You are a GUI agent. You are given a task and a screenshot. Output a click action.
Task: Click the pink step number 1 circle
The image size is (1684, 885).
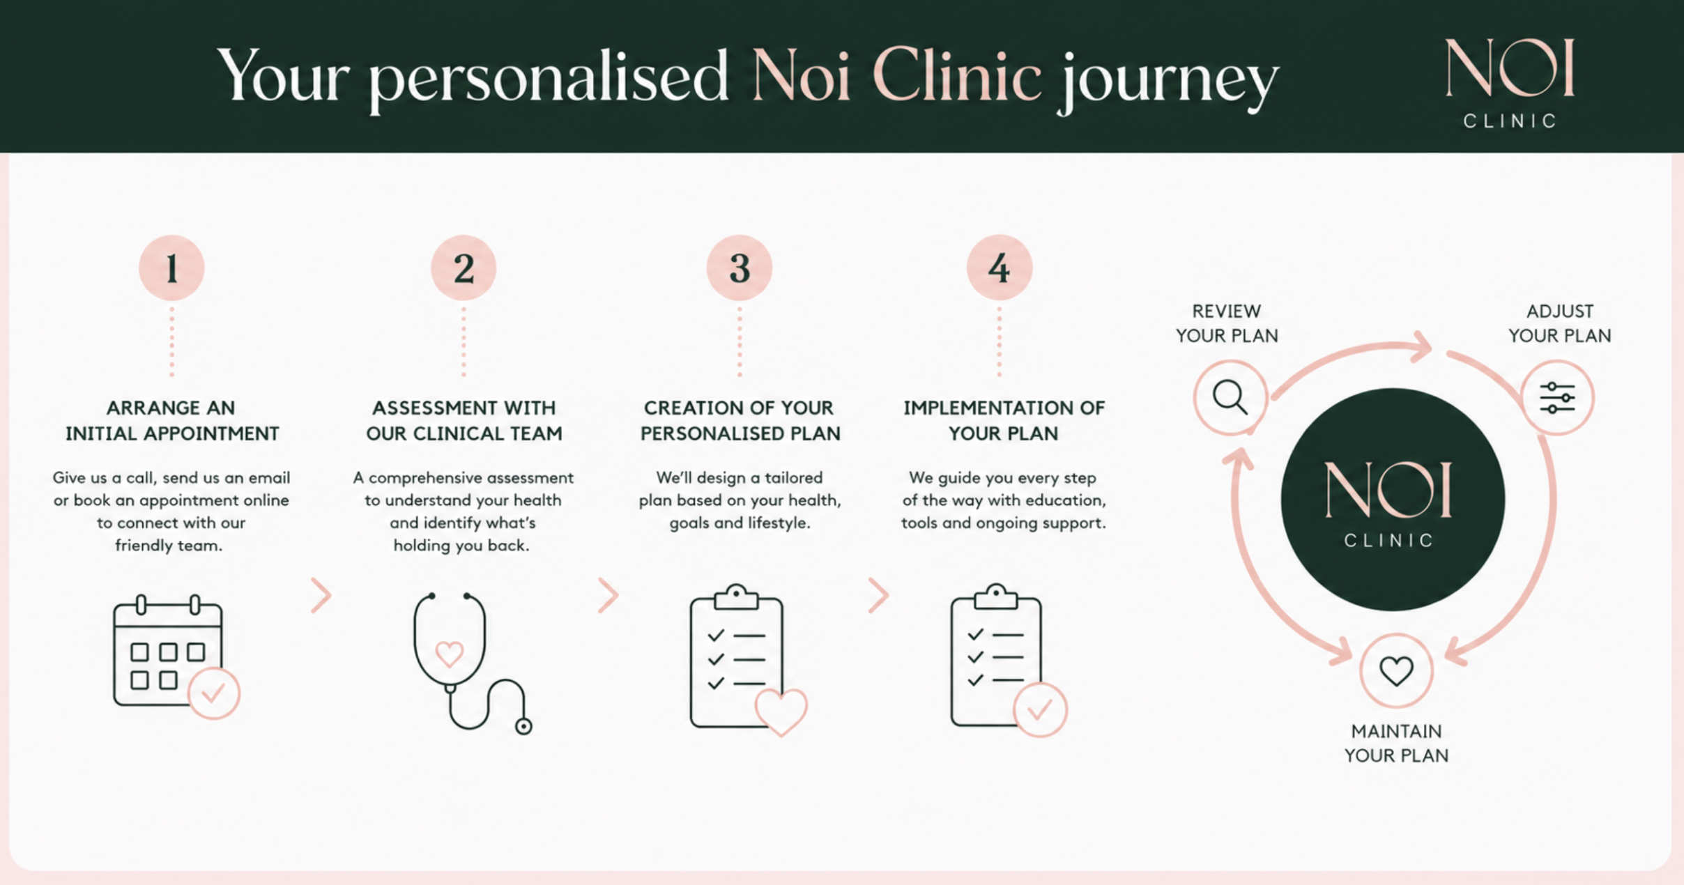click(171, 268)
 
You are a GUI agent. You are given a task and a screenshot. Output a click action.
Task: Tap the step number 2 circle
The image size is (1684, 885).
click(464, 268)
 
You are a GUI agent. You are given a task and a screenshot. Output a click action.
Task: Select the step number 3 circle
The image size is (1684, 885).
click(740, 268)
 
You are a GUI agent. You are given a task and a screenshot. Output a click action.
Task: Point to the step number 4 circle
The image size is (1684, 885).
click(1000, 268)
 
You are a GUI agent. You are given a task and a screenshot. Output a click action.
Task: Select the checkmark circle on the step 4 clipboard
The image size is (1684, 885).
click(1040, 710)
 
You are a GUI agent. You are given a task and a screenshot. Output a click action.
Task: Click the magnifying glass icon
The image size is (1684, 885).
click(1230, 398)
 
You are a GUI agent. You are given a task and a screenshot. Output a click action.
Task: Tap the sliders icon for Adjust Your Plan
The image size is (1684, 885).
click(1557, 398)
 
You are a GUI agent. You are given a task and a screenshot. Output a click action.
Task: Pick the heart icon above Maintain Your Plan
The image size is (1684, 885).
click(1396, 671)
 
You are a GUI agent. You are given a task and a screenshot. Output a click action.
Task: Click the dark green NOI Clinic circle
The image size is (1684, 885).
click(1393, 500)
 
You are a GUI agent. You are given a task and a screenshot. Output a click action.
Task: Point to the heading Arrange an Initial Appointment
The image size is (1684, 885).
click(172, 420)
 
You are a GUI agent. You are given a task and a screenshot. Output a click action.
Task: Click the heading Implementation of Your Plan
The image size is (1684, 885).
click(1004, 420)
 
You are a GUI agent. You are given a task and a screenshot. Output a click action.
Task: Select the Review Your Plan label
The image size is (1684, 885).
click(1227, 323)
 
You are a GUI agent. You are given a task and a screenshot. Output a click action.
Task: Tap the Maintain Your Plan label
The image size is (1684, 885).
click(1396, 743)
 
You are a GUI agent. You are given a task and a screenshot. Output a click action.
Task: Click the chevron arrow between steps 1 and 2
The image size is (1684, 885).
click(321, 595)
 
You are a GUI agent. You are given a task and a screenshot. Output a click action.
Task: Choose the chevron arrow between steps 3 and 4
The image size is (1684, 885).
click(878, 595)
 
